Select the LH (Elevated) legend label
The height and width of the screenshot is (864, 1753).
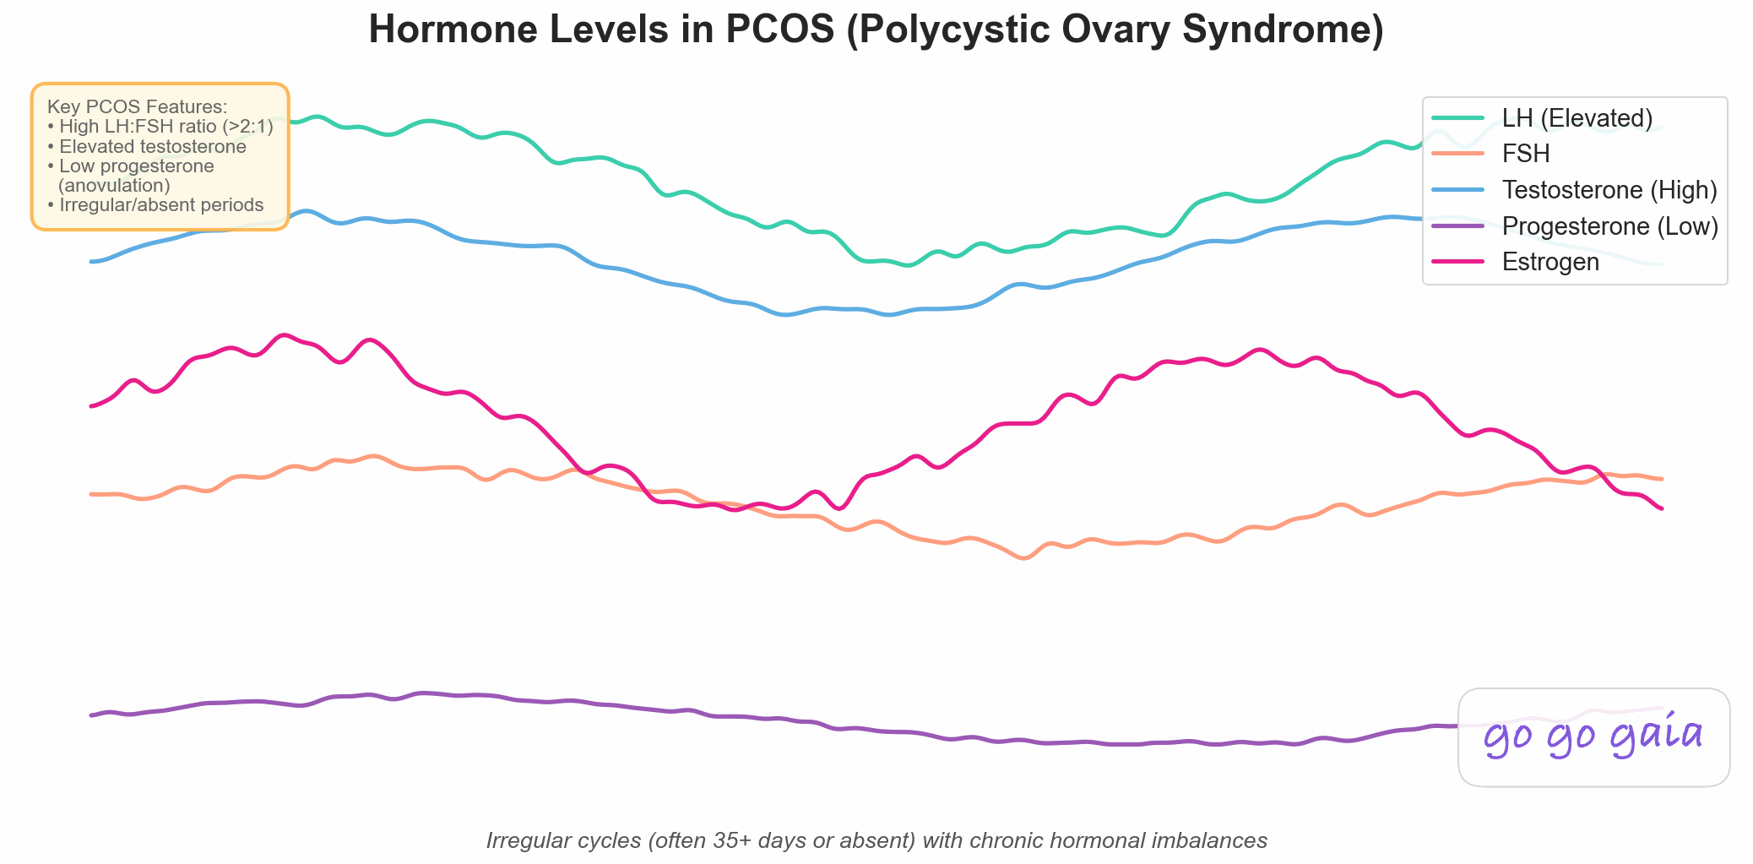1577,118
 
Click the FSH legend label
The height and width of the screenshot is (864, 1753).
1525,154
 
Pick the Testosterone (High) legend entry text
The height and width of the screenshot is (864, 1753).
1609,190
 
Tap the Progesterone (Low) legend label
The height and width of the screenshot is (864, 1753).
1609,226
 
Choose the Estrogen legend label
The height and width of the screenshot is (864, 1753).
1549,263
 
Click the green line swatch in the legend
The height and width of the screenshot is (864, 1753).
1458,118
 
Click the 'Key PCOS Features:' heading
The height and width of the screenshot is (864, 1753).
138,107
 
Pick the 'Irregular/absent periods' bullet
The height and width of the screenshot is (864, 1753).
160,205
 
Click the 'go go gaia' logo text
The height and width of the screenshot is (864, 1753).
1593,736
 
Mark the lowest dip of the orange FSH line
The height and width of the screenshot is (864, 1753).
1024,557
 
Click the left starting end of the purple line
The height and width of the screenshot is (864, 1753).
92,715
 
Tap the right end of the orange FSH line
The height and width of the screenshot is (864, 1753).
1661,479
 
